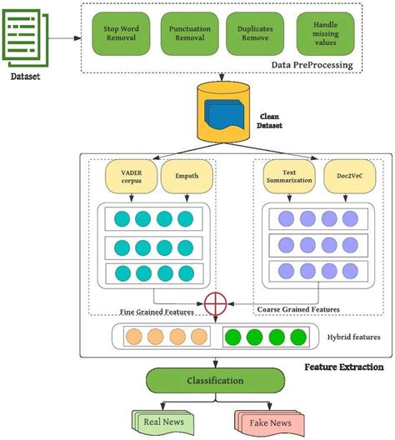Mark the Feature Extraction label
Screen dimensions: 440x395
[x=342, y=367]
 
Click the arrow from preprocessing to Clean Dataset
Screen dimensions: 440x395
[x=221, y=77]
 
